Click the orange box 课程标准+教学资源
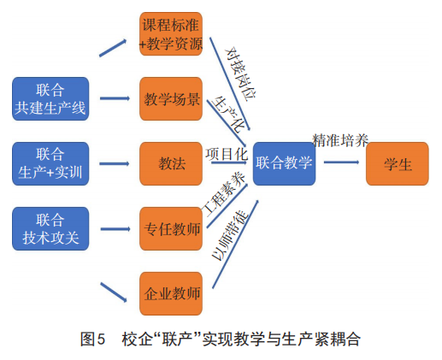click(x=171, y=33)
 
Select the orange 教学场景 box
click(x=171, y=98)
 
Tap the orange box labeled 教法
click(x=171, y=163)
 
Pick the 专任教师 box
click(x=171, y=228)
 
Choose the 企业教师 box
click(x=171, y=293)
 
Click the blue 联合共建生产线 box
click(x=50, y=98)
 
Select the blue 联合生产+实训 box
click(x=50, y=163)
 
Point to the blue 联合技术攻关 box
click(x=50, y=228)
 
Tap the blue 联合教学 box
click(x=284, y=163)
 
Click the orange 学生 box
click(x=398, y=163)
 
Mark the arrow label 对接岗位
click(x=241, y=74)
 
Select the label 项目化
click(x=227, y=154)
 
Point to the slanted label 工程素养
click(x=224, y=194)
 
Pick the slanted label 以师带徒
click(x=230, y=235)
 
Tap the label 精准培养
click(x=340, y=140)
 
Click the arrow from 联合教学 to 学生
click(x=341, y=162)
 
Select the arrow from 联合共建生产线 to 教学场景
click(x=115, y=98)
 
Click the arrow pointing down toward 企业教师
click(x=114, y=292)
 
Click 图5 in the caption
click(x=93, y=339)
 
